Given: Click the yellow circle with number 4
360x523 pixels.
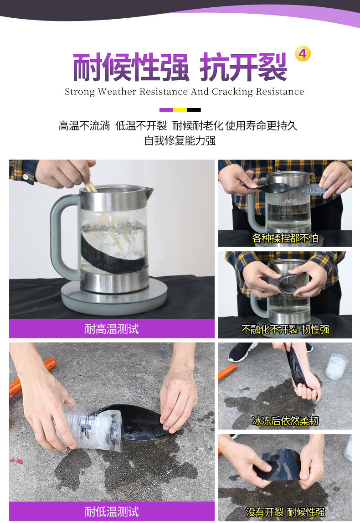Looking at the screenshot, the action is click(303, 54).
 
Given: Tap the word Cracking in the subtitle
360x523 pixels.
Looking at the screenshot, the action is click(232, 92).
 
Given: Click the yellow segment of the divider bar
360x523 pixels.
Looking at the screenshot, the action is click(180, 110).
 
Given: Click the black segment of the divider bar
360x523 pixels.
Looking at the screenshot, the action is click(194, 110).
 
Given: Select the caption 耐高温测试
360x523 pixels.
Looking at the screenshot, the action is click(112, 329).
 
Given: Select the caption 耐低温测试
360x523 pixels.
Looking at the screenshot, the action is click(112, 511).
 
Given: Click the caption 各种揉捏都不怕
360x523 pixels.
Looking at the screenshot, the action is click(285, 238).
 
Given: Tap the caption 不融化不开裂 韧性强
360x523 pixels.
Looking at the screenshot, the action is click(285, 330).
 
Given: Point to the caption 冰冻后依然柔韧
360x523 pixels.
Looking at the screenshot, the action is click(285, 421).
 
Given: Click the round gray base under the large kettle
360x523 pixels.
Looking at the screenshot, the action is click(114, 297).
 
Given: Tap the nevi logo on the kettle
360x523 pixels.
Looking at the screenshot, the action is click(291, 201).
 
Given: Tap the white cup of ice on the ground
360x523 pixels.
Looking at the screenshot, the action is click(337, 366).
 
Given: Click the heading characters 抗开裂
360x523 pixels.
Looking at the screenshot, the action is click(243, 67).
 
